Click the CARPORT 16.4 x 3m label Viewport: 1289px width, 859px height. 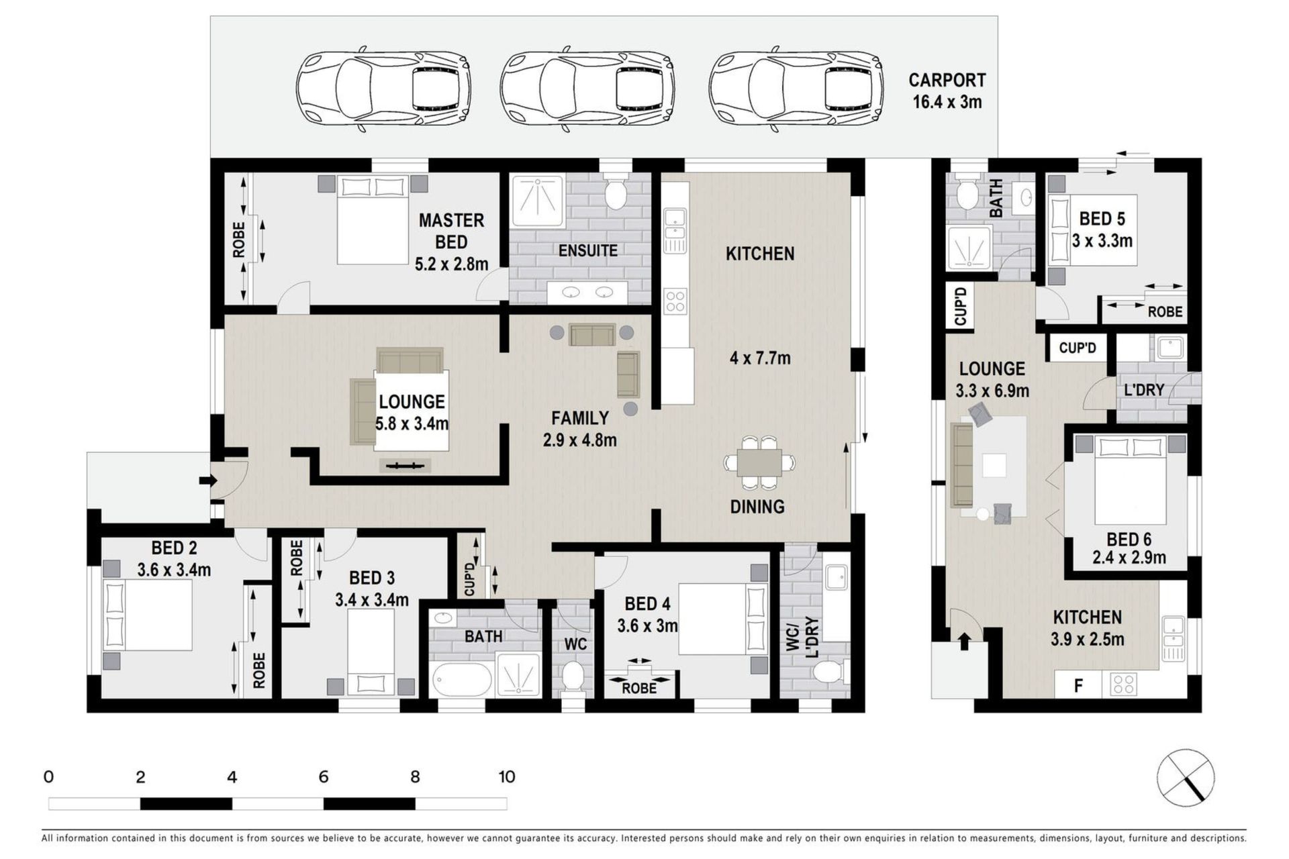[947, 91]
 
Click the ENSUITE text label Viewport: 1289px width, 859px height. [588, 250]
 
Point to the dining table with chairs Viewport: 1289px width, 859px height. [759, 462]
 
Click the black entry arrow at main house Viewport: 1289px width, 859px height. [208, 481]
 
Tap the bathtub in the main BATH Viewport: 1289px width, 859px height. [463, 680]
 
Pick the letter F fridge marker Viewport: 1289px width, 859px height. [1079, 686]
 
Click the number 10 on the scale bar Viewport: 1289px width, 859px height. [507, 776]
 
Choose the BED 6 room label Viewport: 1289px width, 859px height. [1129, 539]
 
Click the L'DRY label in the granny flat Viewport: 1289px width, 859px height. [1144, 390]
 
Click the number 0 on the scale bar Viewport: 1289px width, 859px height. [48, 776]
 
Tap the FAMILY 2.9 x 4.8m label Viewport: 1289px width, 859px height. [580, 429]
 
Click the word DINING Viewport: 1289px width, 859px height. [757, 507]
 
